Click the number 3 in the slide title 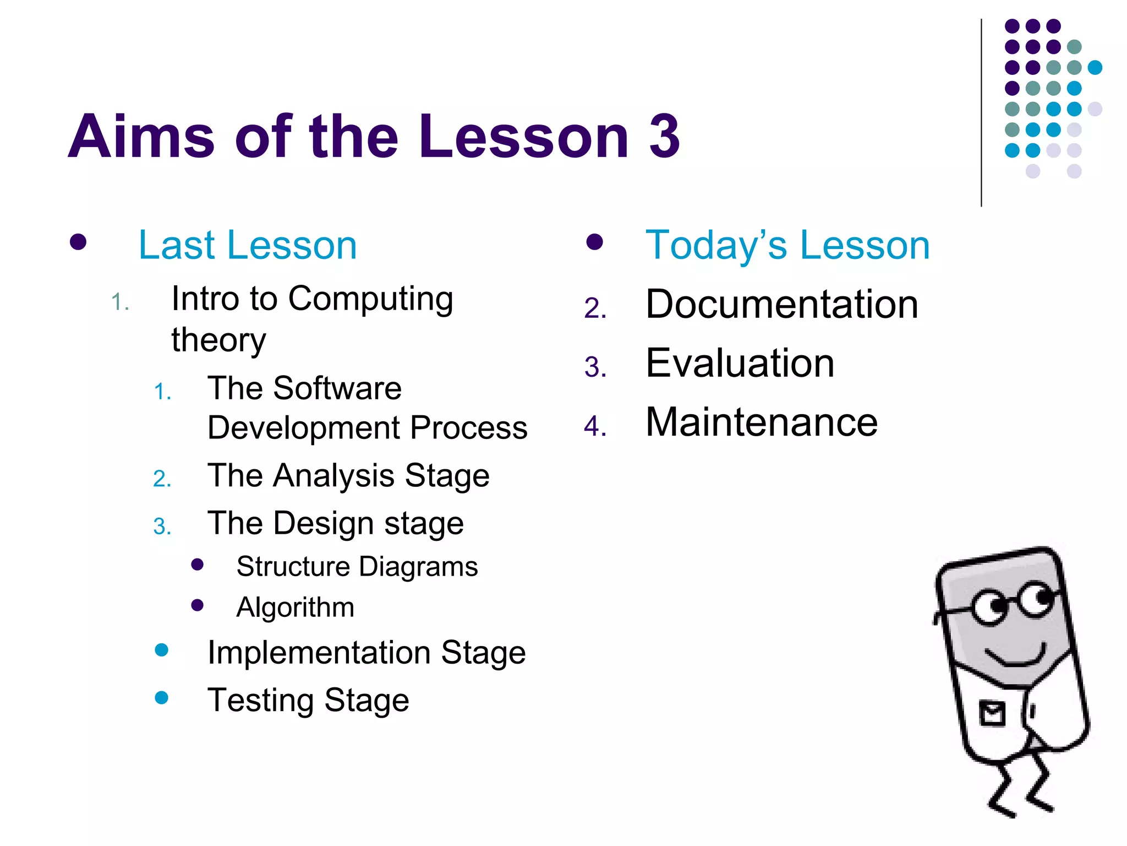coord(665,136)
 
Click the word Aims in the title coord(141,136)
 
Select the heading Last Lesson coord(248,245)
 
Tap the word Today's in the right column coord(716,245)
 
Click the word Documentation coord(781,305)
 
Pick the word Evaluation coord(740,364)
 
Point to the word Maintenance coord(761,422)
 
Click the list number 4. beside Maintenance coord(595,426)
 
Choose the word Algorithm coord(295,608)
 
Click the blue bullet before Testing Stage coord(161,698)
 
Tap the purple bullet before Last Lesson coord(78,242)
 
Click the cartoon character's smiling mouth coord(1015,657)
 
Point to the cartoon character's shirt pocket coord(992,714)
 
